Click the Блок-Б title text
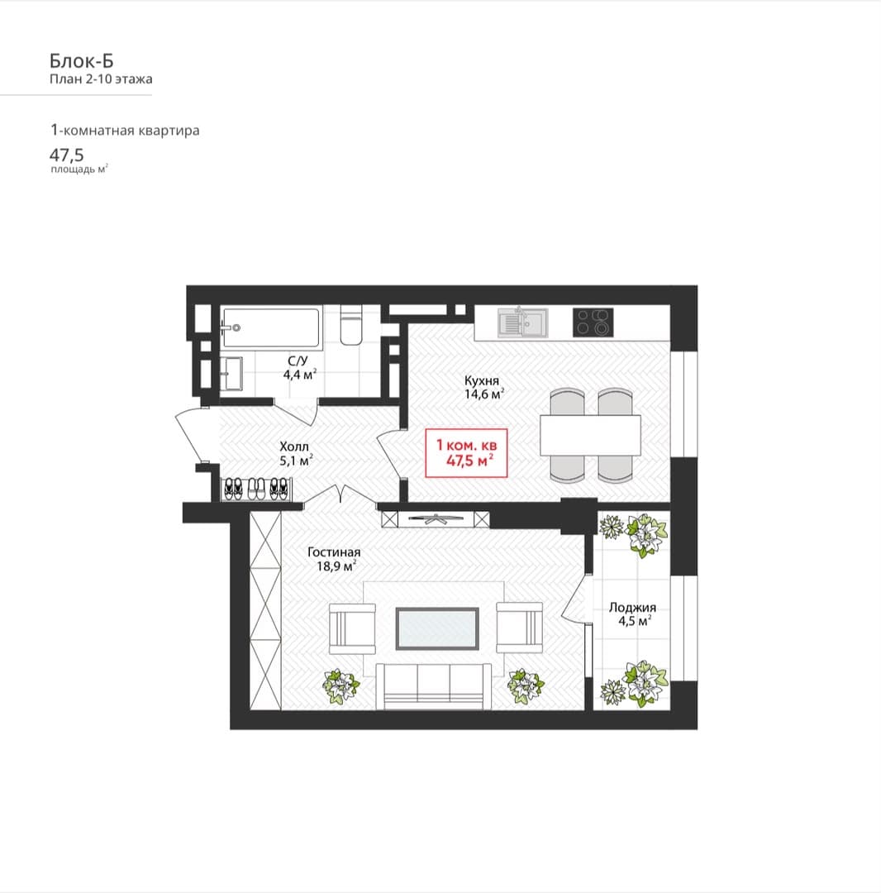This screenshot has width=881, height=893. [x=81, y=60]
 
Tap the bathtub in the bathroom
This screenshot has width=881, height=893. [x=271, y=327]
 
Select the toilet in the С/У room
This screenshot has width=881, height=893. [x=351, y=324]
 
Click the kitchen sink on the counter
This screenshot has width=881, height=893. [x=522, y=322]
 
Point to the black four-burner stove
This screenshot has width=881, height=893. [x=593, y=322]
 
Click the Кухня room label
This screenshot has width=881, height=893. [x=482, y=380]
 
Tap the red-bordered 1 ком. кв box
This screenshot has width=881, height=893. [x=466, y=453]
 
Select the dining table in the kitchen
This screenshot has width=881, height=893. [x=590, y=435]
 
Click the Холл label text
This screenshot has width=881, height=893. [x=294, y=446]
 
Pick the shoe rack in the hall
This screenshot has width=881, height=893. [x=257, y=489]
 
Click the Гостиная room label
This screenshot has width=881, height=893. [x=334, y=552]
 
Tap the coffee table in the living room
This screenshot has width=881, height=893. [x=437, y=628]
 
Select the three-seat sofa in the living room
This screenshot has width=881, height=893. [x=434, y=686]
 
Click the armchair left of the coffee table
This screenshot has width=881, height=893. [x=352, y=628]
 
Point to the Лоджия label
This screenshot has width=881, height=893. [x=632, y=608]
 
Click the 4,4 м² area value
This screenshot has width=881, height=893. [x=300, y=375]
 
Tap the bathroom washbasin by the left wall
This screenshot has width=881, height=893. [x=231, y=374]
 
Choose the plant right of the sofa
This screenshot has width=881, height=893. [x=526, y=685]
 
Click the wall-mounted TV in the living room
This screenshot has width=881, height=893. [x=436, y=518]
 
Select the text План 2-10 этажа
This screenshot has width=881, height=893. [x=101, y=79]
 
